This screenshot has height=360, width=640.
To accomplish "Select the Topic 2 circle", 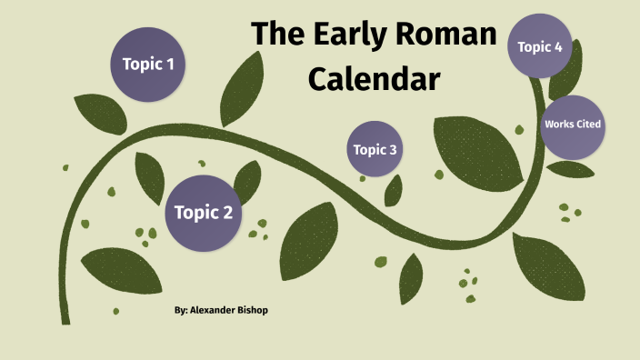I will pos(203,214).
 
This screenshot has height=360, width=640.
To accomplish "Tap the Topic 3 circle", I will pos(375,149).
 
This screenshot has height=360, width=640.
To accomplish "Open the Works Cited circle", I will pos(571,125).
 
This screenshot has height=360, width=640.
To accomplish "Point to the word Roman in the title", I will pos(450,35).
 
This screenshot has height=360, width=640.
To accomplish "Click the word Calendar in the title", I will pos(374,79).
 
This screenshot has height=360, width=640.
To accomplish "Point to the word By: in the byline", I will pos(180,310).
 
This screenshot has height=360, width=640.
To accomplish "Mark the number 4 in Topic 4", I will pos(558,46).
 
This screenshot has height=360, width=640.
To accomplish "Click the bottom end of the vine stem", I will pos(65,321).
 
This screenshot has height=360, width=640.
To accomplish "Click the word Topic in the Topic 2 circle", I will pos(194,214).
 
